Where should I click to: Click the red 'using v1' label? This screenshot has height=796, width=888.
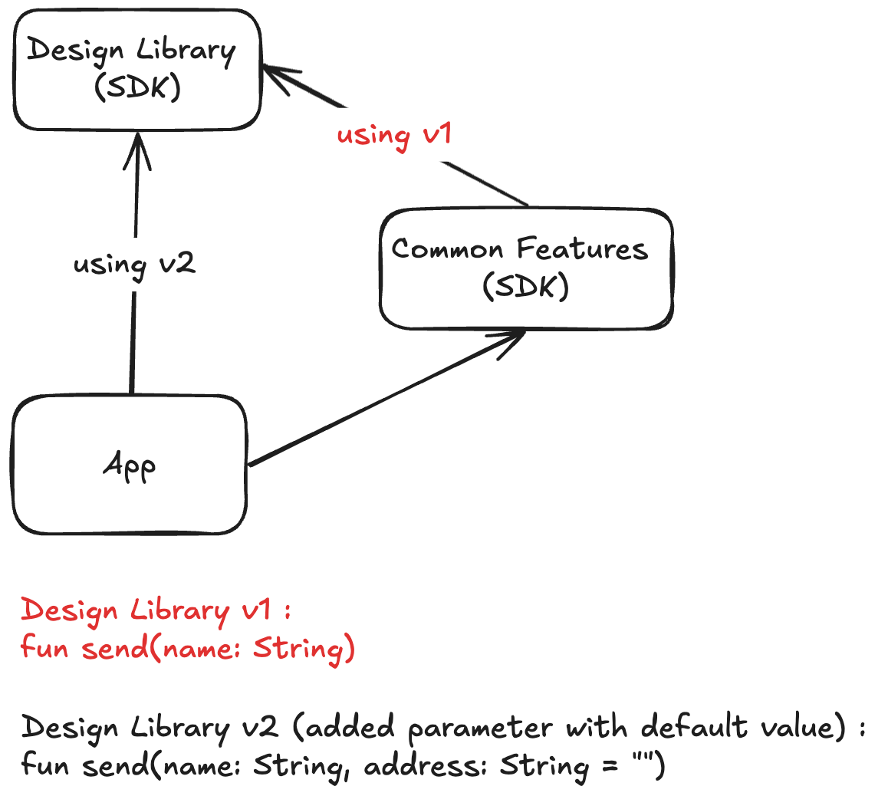pos(394,136)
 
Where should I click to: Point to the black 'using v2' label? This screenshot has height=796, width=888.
pos(134,265)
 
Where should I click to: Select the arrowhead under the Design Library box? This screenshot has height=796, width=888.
pos(137,150)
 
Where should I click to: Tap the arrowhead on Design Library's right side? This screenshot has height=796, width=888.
pos(281,79)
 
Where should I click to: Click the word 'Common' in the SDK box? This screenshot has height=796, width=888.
pos(447,249)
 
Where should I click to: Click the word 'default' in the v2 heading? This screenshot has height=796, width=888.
pos(694,726)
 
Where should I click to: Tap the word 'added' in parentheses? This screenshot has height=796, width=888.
pos(350,726)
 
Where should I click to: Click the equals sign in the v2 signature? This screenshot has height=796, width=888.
pos(610,767)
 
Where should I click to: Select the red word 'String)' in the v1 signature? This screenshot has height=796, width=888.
pos(304,649)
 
